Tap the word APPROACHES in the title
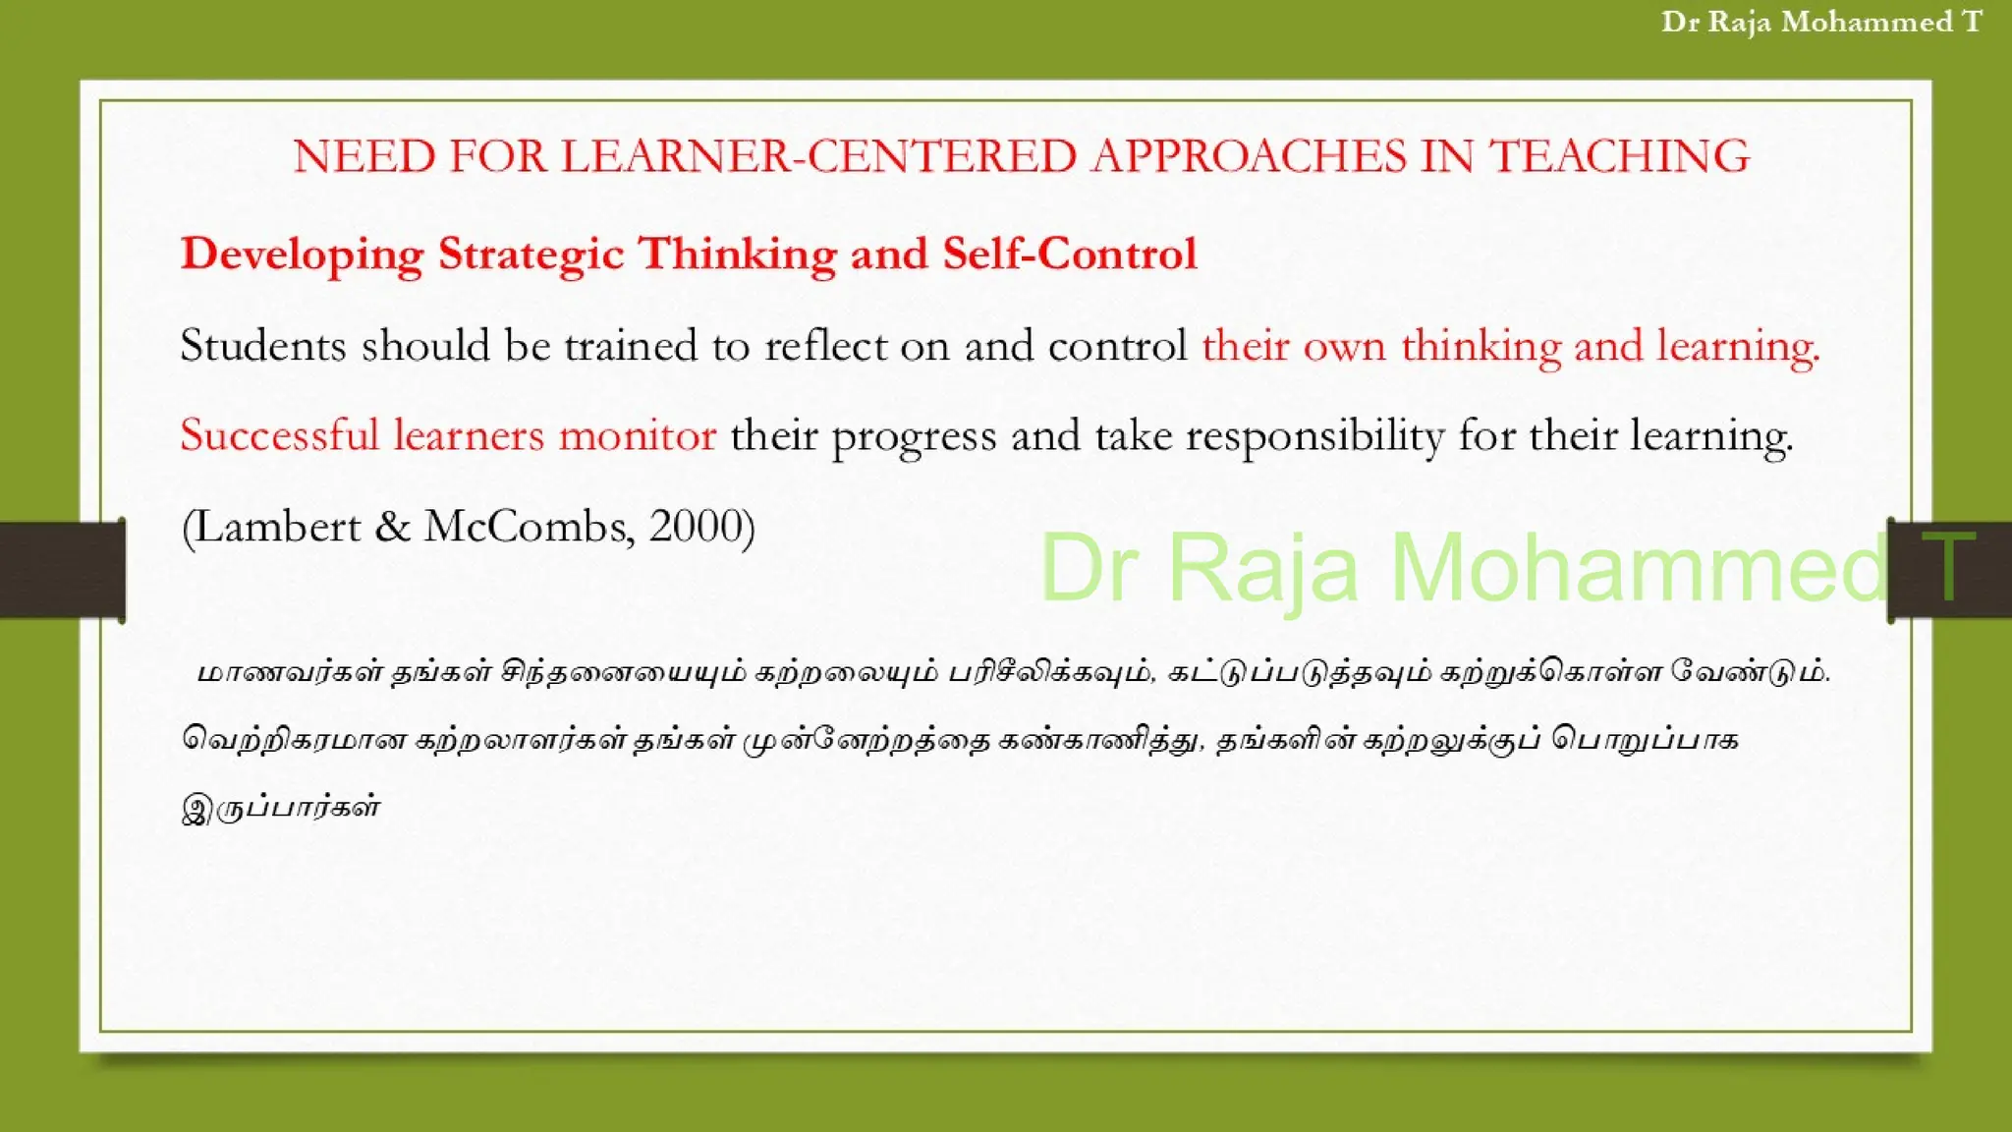1249,157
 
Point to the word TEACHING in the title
1619,157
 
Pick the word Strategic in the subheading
531,255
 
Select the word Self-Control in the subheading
1070,255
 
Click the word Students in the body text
263,346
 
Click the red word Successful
279,435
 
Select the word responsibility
1314,435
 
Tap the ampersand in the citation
392,528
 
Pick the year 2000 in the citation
696,527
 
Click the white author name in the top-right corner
1821,23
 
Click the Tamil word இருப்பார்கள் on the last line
281,808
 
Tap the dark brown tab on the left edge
62,570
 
